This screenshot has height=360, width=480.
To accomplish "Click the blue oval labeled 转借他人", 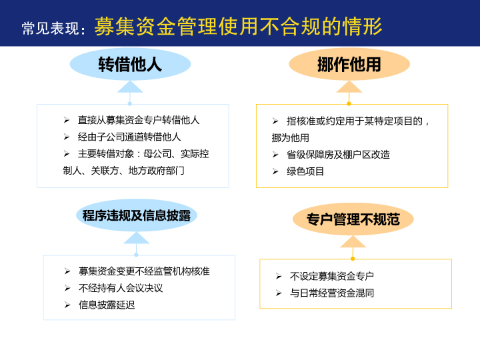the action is (130, 64).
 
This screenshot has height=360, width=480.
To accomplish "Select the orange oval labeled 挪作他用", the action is (349, 64).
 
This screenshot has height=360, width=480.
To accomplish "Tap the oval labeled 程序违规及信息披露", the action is (137, 215).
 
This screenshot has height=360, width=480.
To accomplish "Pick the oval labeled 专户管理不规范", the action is (353, 219).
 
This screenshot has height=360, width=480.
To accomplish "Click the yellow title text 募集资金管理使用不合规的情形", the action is (238, 26).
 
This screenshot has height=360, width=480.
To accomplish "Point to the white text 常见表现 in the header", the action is (50, 29).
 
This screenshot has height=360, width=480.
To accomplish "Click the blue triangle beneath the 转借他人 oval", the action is (130, 87).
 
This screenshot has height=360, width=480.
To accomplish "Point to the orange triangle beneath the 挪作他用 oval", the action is (349, 87).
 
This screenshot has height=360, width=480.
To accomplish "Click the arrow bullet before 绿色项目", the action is (275, 171).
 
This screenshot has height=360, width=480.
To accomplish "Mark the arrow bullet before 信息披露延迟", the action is (67, 305).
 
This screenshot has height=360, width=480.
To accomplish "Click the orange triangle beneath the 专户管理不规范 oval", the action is (353, 241).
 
